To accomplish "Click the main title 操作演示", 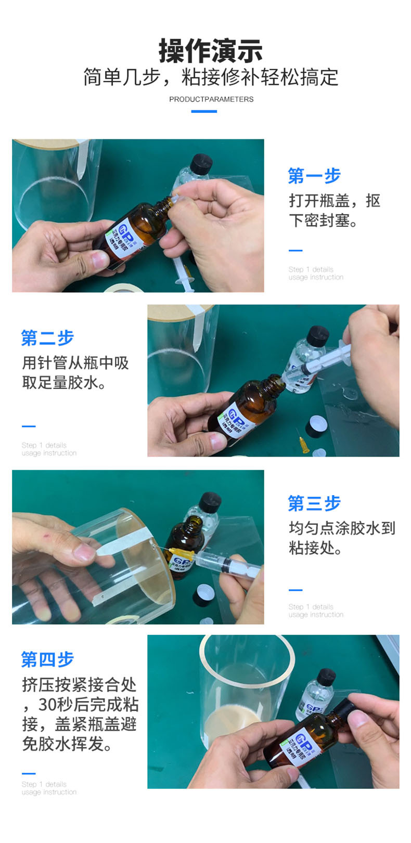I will (210, 50).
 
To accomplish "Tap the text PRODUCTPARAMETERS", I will (211, 99).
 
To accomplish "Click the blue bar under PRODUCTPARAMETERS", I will (204, 111).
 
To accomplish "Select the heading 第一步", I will (314, 176).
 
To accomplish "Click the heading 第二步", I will (47, 338).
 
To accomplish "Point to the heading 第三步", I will (314, 503).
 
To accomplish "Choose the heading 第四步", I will (47, 659).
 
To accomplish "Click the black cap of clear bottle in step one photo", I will (200, 163).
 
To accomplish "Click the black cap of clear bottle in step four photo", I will (326, 677).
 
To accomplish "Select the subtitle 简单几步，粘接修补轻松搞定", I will (210, 77).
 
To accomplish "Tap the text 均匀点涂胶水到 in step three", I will (342, 528).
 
